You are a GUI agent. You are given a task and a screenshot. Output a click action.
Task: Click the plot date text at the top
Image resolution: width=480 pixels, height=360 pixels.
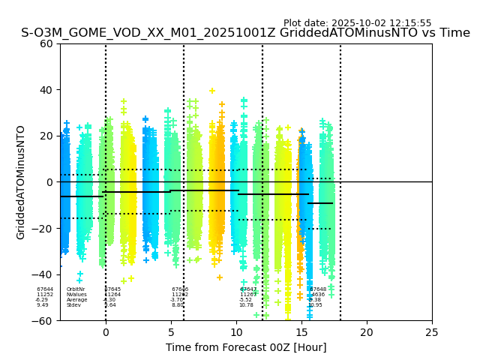357,23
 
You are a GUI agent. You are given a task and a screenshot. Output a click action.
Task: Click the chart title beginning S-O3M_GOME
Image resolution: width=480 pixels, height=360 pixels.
245,33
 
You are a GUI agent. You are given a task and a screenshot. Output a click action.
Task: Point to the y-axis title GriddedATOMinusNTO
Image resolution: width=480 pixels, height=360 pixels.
21,182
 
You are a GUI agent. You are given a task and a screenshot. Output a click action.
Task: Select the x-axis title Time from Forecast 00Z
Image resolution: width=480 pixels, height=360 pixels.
246,347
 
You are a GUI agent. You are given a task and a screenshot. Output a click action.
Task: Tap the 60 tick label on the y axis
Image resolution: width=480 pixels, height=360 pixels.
46,43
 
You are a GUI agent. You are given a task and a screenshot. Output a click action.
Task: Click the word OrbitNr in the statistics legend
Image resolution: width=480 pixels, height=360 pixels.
76,289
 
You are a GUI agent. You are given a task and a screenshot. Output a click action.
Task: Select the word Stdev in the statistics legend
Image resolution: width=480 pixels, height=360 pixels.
73,305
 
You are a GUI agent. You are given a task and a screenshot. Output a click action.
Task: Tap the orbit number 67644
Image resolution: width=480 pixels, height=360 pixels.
45,289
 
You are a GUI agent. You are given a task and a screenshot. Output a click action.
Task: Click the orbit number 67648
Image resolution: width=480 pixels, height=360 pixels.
318,289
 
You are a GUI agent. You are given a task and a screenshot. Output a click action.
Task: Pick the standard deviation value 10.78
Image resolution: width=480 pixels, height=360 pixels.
246,305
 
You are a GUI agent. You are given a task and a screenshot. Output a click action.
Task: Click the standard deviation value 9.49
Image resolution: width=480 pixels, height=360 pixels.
43,305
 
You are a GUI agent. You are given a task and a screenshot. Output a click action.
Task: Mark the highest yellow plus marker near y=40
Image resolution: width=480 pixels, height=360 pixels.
212,91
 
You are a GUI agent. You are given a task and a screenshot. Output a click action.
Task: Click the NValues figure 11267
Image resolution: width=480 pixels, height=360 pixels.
248,295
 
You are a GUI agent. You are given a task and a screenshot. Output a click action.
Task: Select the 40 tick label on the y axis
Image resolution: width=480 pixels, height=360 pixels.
46,90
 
